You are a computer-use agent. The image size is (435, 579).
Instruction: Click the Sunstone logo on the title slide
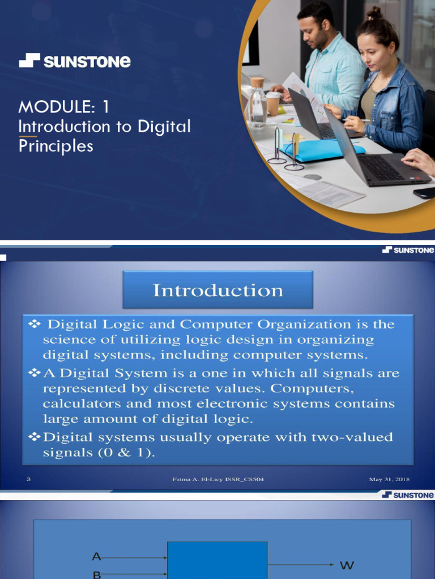(74, 61)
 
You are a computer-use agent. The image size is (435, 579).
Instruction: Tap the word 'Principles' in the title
(56, 146)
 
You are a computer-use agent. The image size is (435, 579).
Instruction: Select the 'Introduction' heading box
(217, 290)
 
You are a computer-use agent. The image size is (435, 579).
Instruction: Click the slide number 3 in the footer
(28, 479)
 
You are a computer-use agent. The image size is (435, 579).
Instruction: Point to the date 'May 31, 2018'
(389, 479)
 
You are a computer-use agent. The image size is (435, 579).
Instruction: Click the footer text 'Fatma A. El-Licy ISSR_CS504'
(218, 479)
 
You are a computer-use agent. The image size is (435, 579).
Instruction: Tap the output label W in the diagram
(346, 565)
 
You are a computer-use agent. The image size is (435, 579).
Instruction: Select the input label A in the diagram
(96, 557)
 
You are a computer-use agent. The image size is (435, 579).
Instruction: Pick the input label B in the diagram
(96, 574)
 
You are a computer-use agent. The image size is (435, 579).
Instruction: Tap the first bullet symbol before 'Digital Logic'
(35, 324)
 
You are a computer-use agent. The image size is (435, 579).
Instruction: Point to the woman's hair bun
(374, 12)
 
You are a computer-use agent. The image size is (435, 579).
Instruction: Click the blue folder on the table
(323, 150)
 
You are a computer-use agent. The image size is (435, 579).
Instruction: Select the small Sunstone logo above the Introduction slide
(408, 249)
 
